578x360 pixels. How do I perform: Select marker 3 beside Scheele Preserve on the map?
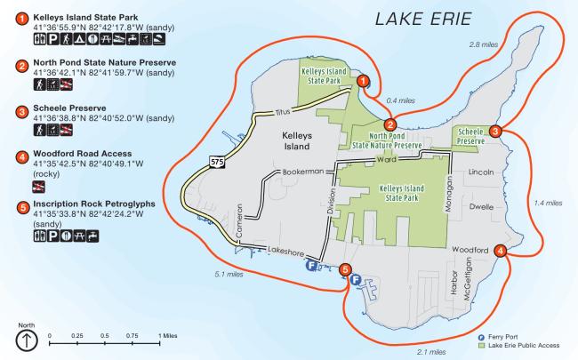point(495,131)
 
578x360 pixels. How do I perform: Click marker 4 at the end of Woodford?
point(502,251)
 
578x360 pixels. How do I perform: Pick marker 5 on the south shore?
point(345,270)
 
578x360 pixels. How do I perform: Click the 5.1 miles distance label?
point(229,275)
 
